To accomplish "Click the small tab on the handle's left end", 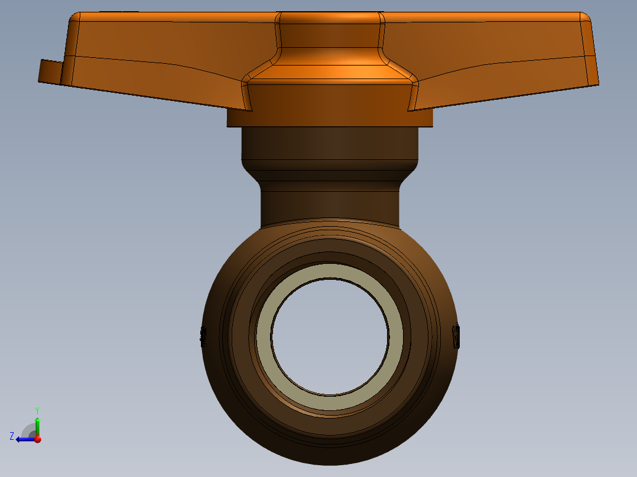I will [x=50, y=71].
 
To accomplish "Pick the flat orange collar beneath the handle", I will [x=330, y=118].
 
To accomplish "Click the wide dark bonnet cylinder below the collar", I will [x=330, y=145].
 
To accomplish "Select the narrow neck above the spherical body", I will [x=330, y=204].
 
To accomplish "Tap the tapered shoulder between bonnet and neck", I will [x=330, y=175].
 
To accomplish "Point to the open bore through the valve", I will [x=330, y=336].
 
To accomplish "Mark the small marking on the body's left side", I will [x=204, y=336].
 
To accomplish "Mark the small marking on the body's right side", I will [x=456, y=336].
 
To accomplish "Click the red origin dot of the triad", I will [x=37, y=439].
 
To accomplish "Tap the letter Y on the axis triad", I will [x=37, y=410].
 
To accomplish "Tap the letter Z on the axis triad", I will [x=12, y=436].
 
